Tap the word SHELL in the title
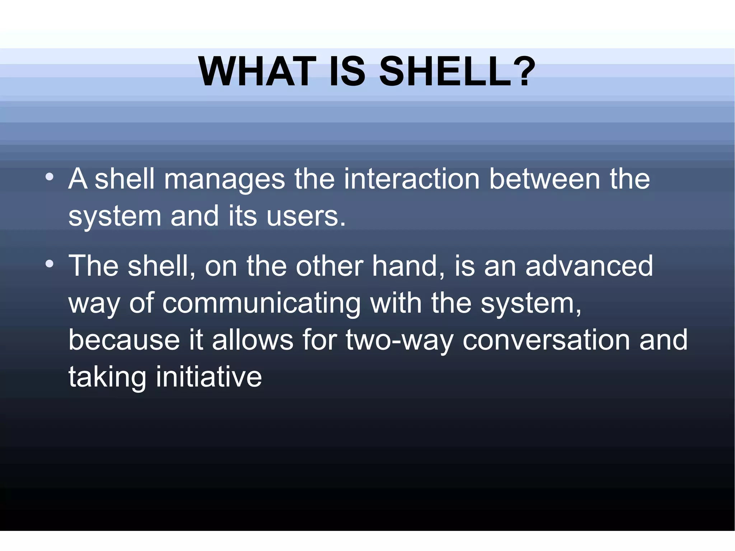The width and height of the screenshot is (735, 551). click(x=445, y=72)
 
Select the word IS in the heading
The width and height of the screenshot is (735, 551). click(x=347, y=72)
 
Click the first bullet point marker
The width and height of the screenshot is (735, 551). click(x=50, y=177)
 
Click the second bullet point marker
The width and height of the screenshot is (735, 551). click(x=50, y=265)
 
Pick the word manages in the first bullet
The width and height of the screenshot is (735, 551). click(x=224, y=179)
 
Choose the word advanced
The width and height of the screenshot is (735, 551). click(x=589, y=266)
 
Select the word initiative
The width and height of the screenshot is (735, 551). click(x=209, y=377)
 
